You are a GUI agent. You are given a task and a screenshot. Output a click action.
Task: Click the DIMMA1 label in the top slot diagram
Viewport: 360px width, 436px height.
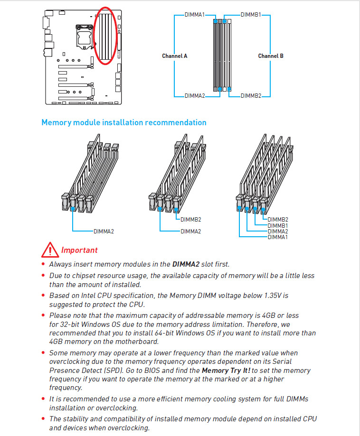(x=195, y=15)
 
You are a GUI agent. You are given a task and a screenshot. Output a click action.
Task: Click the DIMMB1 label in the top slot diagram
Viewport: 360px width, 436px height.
(x=251, y=15)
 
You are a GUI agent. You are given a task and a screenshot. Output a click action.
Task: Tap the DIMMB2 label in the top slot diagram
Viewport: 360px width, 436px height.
(x=251, y=96)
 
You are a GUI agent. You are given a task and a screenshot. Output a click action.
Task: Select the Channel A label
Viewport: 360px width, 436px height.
(x=174, y=56)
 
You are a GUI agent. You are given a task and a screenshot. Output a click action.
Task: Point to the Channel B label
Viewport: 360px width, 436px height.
(x=271, y=56)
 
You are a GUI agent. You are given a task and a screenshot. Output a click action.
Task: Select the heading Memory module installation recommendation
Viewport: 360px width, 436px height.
(x=124, y=122)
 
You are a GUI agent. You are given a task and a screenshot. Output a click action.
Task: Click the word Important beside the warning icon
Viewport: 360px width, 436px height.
(x=79, y=250)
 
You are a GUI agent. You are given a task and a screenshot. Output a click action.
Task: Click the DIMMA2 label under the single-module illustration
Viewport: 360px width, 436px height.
(x=104, y=232)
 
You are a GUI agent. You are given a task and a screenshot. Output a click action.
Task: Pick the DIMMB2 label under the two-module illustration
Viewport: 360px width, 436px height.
(x=191, y=220)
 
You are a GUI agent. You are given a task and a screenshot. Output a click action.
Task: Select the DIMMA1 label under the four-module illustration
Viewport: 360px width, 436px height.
(x=278, y=237)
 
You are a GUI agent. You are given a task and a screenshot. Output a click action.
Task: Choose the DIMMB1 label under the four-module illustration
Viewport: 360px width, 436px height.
(x=278, y=225)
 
